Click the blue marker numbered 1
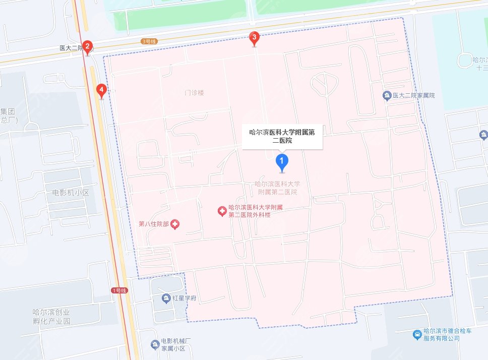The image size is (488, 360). [x=283, y=162]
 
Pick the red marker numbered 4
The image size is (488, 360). [x=102, y=91]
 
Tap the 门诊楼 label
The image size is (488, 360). [x=194, y=93]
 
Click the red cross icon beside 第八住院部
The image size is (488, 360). [x=175, y=224]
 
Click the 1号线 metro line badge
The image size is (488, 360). [x=119, y=290]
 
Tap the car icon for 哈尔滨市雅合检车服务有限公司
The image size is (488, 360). [x=416, y=335]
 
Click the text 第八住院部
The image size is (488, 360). [x=154, y=224]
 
